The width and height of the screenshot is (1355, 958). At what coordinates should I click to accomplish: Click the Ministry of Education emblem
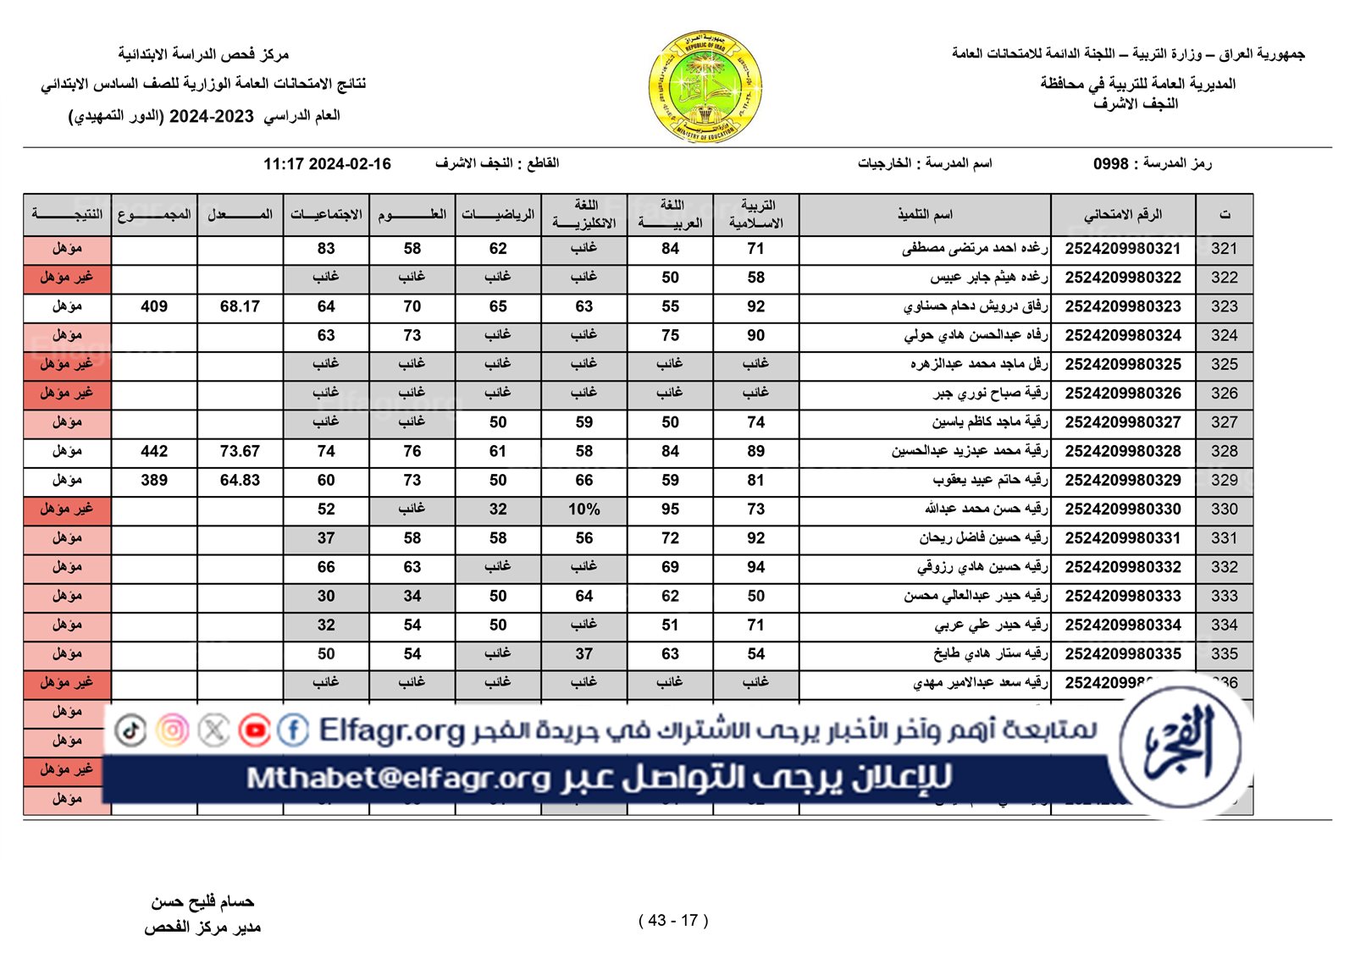[705, 87]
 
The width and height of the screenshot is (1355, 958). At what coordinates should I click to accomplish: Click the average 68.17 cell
[240, 306]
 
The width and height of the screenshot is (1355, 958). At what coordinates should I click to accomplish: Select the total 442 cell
[154, 451]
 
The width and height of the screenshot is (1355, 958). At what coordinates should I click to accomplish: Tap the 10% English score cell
[583, 509]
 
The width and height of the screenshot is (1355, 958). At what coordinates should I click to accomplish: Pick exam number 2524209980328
[1123, 451]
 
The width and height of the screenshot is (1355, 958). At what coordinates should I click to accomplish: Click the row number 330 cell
[1224, 509]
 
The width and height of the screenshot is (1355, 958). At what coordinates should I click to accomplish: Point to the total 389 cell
[154, 480]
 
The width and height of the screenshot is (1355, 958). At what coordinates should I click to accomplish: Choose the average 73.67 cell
[240, 451]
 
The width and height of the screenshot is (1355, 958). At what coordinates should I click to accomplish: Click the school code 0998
[1110, 164]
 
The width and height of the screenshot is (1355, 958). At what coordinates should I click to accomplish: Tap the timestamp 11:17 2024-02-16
[327, 164]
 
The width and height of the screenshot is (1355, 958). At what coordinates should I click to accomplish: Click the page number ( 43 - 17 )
[673, 921]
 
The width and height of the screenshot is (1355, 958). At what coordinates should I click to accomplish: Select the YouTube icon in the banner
[254, 730]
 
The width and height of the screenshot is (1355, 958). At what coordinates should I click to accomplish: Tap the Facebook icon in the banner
[293, 730]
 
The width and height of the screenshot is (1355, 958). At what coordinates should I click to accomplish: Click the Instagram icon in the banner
[173, 730]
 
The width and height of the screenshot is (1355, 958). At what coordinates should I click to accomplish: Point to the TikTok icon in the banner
[131, 730]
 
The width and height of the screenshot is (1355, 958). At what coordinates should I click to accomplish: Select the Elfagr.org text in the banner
[392, 730]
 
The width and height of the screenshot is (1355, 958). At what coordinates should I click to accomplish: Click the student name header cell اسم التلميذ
[925, 215]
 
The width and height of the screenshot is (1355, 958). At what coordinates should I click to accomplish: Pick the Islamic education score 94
[755, 567]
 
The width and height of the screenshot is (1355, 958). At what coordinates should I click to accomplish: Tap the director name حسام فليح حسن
[202, 902]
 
